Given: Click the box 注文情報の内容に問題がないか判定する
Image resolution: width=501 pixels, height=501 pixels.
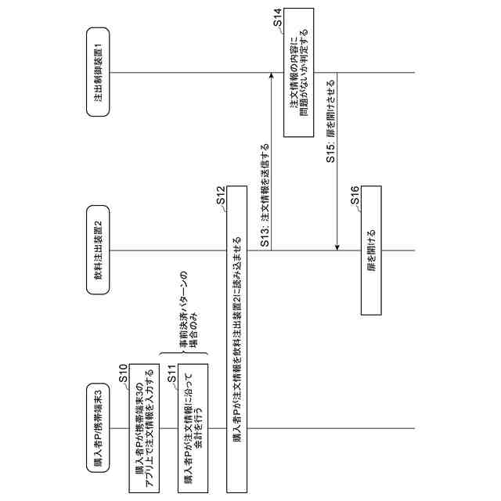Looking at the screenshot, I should (x=298, y=73).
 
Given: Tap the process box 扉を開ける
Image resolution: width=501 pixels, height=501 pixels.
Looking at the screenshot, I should (x=371, y=250).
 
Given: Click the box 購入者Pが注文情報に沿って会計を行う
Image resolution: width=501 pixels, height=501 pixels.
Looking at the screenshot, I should (x=193, y=427).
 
